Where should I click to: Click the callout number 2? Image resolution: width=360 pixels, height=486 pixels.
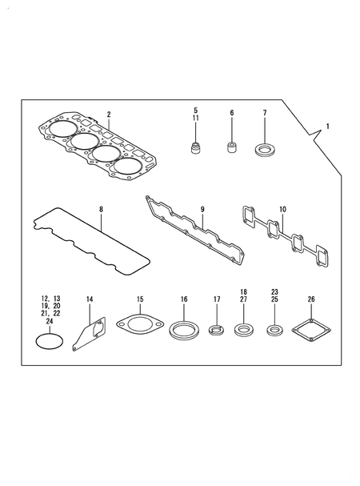click(x=109, y=114)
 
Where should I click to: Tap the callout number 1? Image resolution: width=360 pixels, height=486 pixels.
click(x=326, y=127)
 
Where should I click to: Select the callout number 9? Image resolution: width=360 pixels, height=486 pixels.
click(x=202, y=209)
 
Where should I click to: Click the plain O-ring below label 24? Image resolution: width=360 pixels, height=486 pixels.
click(x=50, y=339)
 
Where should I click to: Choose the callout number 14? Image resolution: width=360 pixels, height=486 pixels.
click(x=90, y=299)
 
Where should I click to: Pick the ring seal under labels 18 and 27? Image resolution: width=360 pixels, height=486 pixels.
click(x=243, y=329)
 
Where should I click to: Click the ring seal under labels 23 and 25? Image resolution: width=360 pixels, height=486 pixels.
click(x=274, y=329)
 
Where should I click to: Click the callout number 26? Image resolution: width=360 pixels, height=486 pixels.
click(x=311, y=299)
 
